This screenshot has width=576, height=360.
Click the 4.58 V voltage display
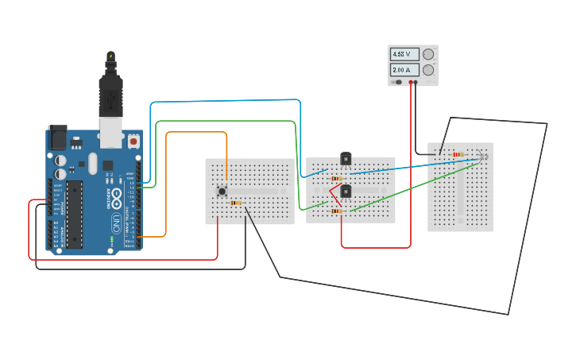403,54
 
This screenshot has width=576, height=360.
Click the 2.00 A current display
403,70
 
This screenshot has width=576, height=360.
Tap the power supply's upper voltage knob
429,54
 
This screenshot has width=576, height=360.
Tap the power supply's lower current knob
429,70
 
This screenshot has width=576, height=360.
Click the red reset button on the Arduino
133,141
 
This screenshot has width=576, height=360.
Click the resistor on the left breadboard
235,203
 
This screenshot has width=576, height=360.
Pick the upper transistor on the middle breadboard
346,158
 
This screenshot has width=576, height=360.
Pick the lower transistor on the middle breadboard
346,191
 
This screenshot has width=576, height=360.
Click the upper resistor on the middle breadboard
337,179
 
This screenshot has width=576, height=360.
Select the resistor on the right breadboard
458,154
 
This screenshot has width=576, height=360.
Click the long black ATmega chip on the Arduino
75,214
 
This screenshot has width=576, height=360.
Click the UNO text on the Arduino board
116,219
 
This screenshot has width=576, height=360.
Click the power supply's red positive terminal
411,82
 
